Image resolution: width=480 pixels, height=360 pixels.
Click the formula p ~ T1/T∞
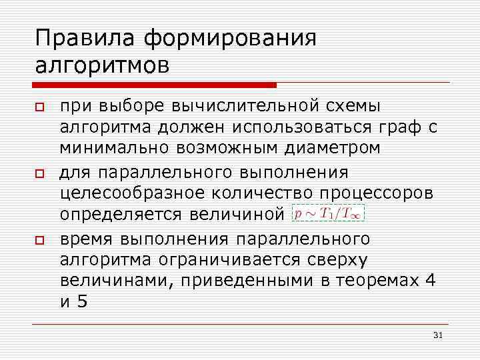pyautogui.click(x=328, y=214)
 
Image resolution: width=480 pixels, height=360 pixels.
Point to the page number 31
pyautogui.click(x=438, y=335)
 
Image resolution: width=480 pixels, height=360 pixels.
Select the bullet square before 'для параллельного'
pyautogui.click(x=40, y=173)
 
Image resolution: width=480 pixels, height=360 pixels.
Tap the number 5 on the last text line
pyautogui.click(x=82, y=301)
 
